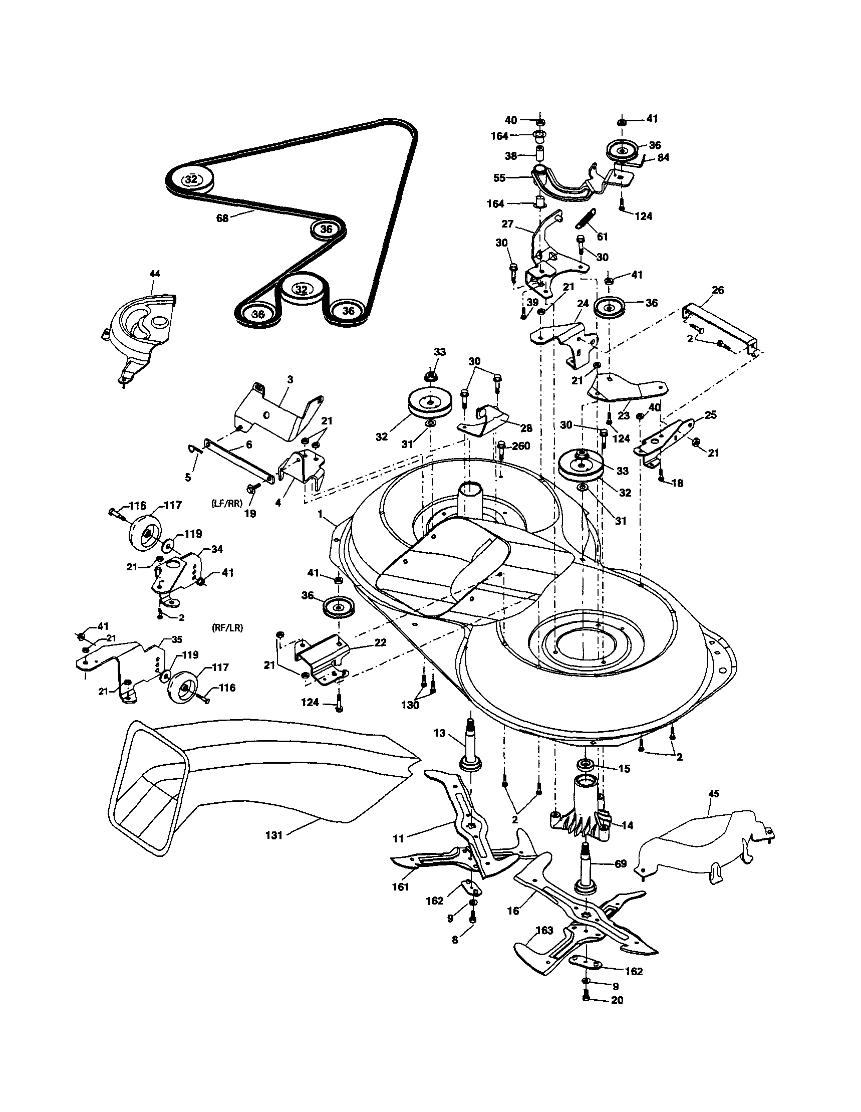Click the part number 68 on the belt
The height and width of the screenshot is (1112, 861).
coord(222,218)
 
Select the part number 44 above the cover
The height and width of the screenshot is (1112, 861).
coord(155,274)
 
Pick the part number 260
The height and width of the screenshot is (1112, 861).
coord(520,446)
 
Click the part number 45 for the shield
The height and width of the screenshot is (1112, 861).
coord(713,794)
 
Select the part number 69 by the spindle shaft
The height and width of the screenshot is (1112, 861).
coord(621,864)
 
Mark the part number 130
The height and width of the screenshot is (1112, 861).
coord(410,705)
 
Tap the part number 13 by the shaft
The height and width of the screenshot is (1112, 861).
coord(440,733)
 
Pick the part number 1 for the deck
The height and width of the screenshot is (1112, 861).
coord(321,514)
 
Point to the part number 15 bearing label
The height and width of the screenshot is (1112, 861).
coord(624,769)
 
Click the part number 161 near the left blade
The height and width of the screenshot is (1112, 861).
coord(401,887)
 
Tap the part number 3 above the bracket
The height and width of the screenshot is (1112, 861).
coord(290,379)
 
